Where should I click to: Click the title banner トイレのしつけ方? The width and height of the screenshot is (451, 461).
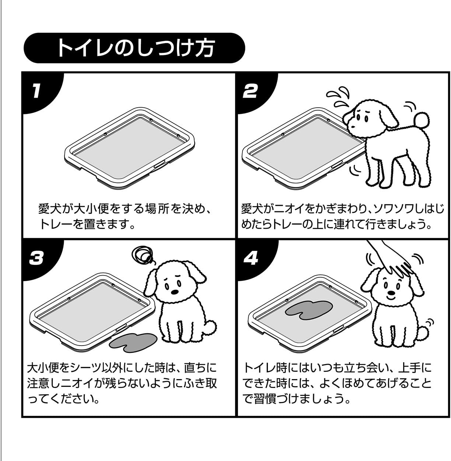[x=134, y=48]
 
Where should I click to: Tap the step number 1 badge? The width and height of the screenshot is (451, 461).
[x=36, y=90]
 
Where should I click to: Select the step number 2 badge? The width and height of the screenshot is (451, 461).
[x=250, y=90]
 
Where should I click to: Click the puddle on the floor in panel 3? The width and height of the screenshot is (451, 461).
[x=133, y=341]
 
